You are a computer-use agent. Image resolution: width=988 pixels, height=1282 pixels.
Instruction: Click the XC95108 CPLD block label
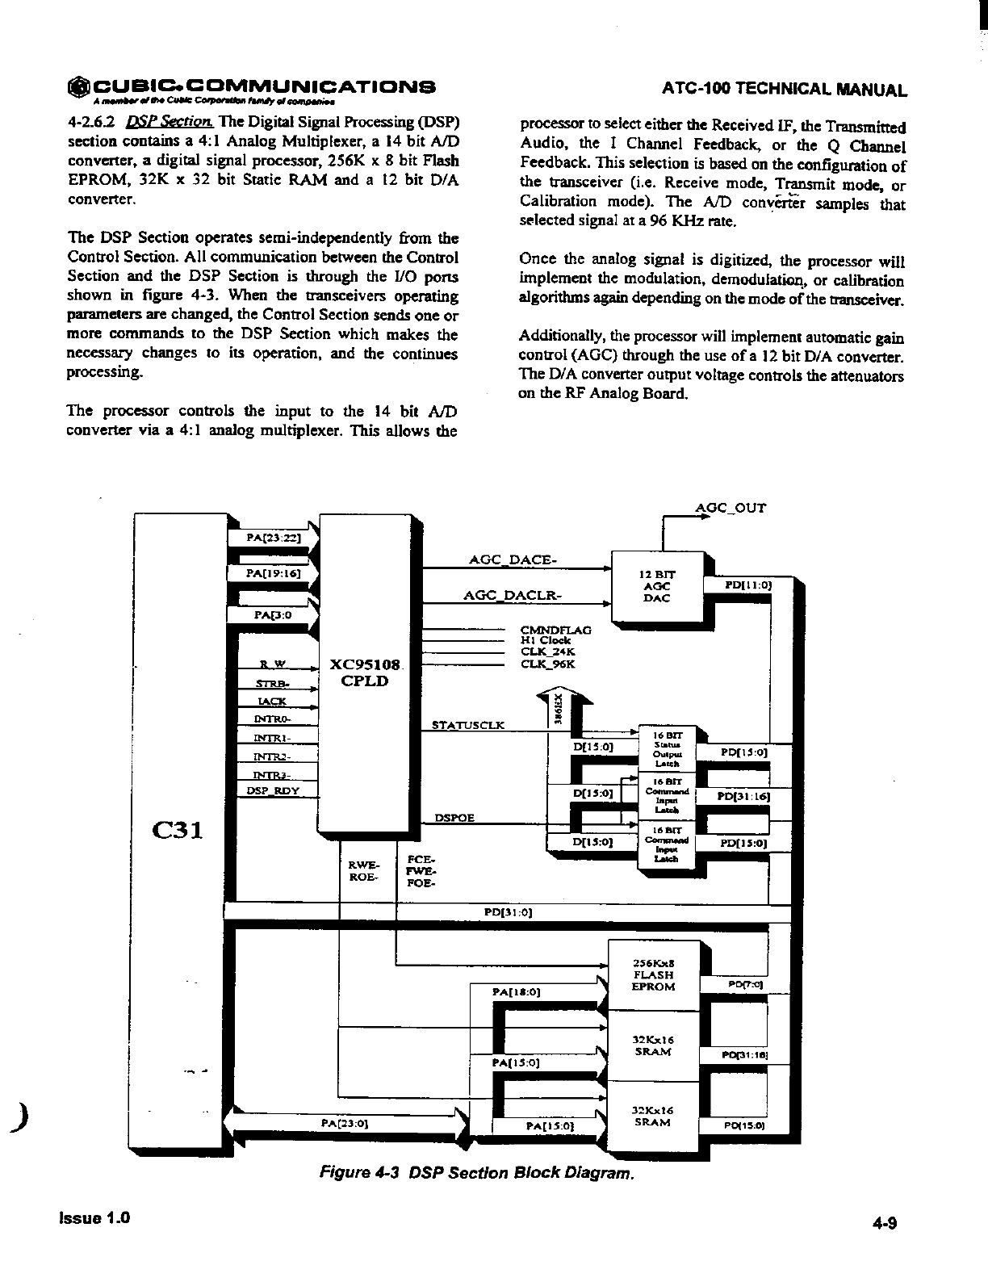coord(365,672)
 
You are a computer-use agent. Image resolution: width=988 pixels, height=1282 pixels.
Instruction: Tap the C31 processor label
coord(177,830)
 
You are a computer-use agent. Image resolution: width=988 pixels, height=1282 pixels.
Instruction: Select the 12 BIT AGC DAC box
coord(656,586)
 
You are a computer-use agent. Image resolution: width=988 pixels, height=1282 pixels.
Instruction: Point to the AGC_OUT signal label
coord(731,508)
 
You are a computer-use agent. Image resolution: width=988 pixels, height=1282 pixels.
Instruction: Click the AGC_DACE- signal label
coord(512,559)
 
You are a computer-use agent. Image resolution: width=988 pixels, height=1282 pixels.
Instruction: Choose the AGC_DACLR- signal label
coord(512,595)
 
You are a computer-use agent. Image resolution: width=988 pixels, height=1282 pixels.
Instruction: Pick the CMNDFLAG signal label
coord(556,630)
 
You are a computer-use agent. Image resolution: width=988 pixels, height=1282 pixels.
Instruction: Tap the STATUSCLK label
coord(468,725)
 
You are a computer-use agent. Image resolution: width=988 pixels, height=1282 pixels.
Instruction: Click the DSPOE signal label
coord(454,818)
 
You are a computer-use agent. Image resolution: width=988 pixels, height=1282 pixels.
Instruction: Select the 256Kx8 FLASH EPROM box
coord(653,974)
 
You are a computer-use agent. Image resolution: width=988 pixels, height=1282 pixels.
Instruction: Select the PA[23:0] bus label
coord(345,1122)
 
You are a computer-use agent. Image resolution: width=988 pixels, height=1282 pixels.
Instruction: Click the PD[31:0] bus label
coord(507,912)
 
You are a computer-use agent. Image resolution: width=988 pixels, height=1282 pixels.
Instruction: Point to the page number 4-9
coord(885,1222)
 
